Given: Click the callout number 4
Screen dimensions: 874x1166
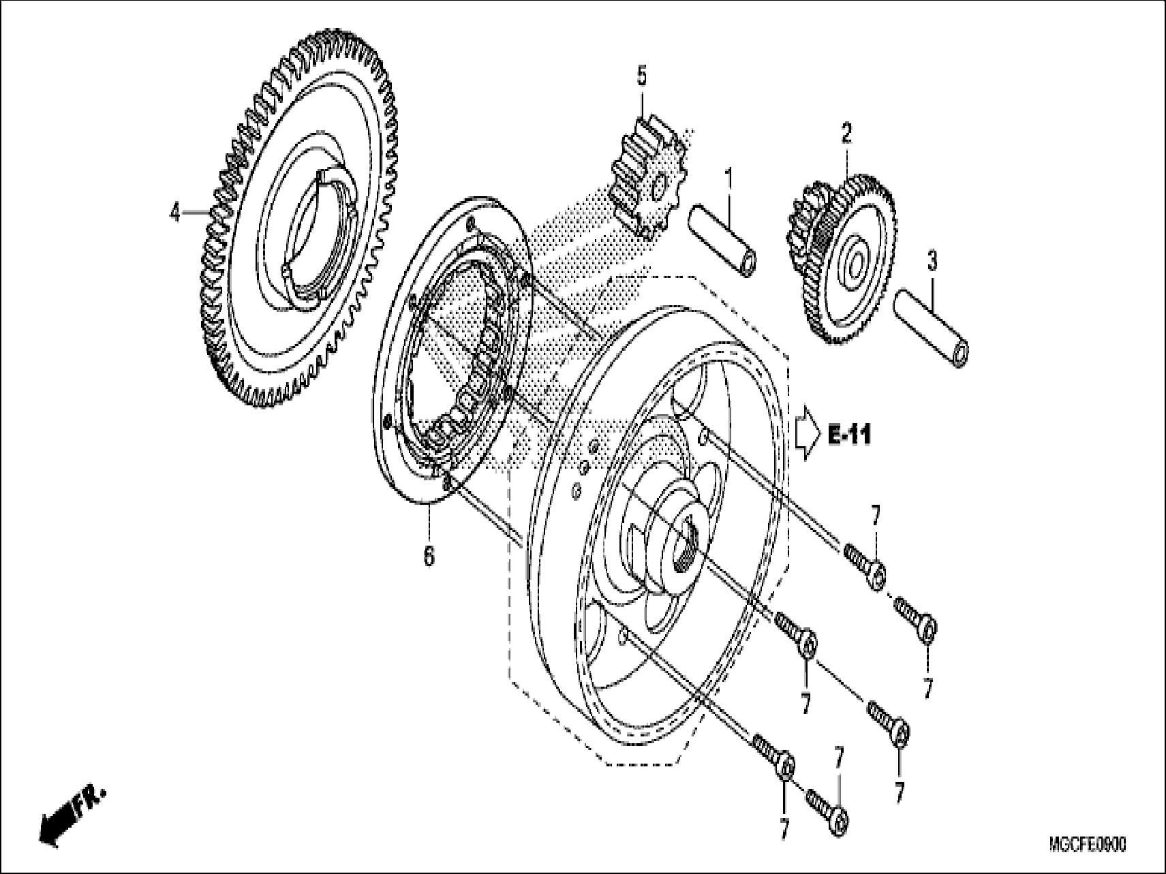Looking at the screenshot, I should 175,213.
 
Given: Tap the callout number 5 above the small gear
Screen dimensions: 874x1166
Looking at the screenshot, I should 641,76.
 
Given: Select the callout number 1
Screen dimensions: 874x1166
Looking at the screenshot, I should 728,161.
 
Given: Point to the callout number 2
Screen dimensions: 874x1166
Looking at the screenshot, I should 846,132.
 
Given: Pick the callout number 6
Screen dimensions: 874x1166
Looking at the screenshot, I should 428,557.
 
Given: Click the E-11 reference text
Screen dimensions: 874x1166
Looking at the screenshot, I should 849,434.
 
